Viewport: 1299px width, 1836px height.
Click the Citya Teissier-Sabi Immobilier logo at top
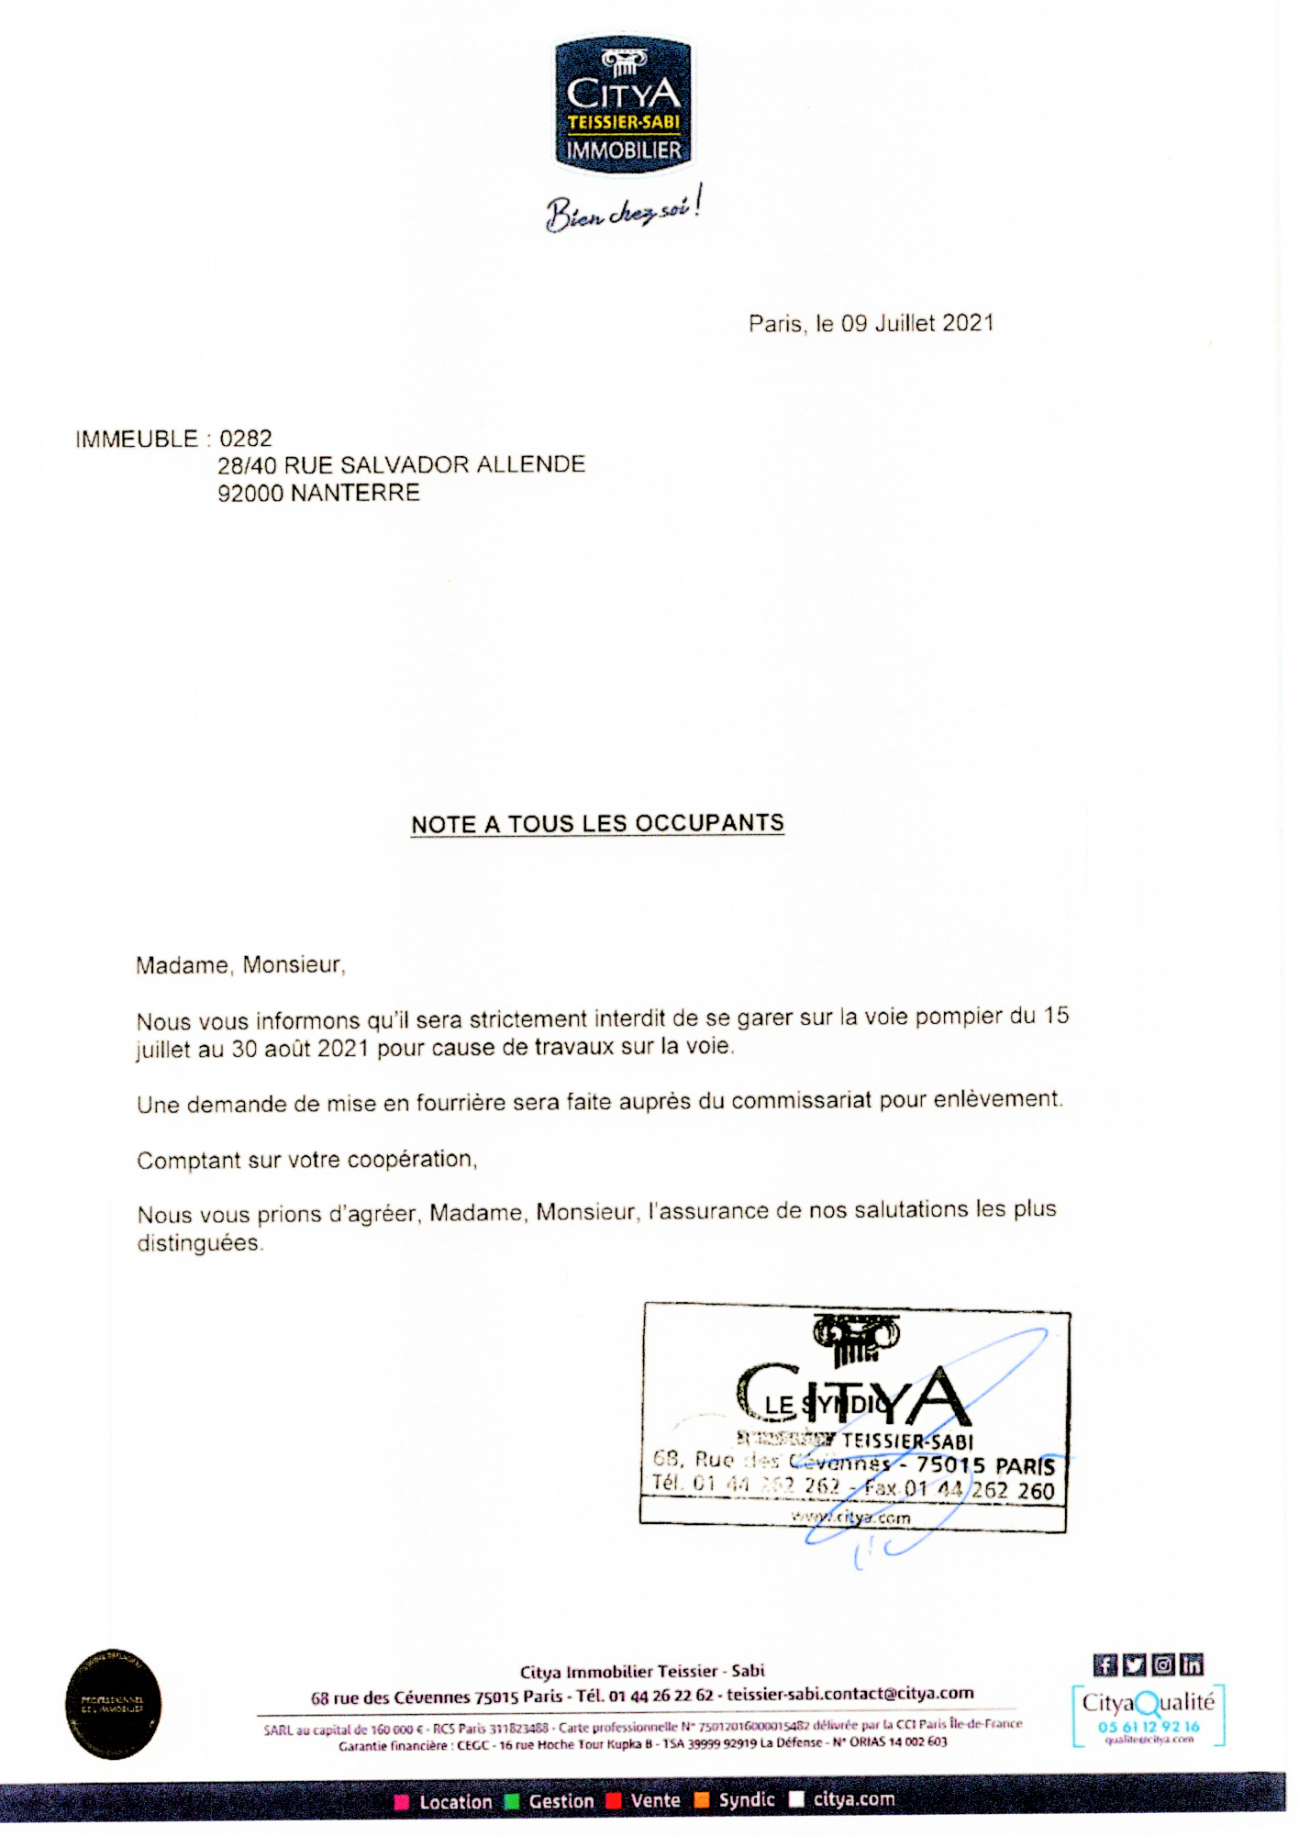pos(623,106)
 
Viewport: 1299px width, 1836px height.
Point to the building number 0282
pos(246,439)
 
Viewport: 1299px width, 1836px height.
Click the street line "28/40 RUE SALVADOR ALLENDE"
pos(401,465)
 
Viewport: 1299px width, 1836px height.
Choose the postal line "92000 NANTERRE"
pos(318,494)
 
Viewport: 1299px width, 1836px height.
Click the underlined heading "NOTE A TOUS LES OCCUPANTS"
pos(597,824)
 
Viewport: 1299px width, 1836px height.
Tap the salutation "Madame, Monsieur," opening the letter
pos(240,965)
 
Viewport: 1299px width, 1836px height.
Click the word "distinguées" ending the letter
pos(199,1243)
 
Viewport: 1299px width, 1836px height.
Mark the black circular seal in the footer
pos(113,1704)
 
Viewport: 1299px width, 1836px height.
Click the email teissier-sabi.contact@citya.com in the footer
pos(850,1694)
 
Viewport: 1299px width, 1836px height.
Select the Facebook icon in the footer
pos(1105,1664)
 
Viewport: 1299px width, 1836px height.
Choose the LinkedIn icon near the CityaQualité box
pos(1192,1664)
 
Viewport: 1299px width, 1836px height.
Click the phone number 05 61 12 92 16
pos(1149,1726)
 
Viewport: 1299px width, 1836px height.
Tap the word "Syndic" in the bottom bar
pos(747,1800)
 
